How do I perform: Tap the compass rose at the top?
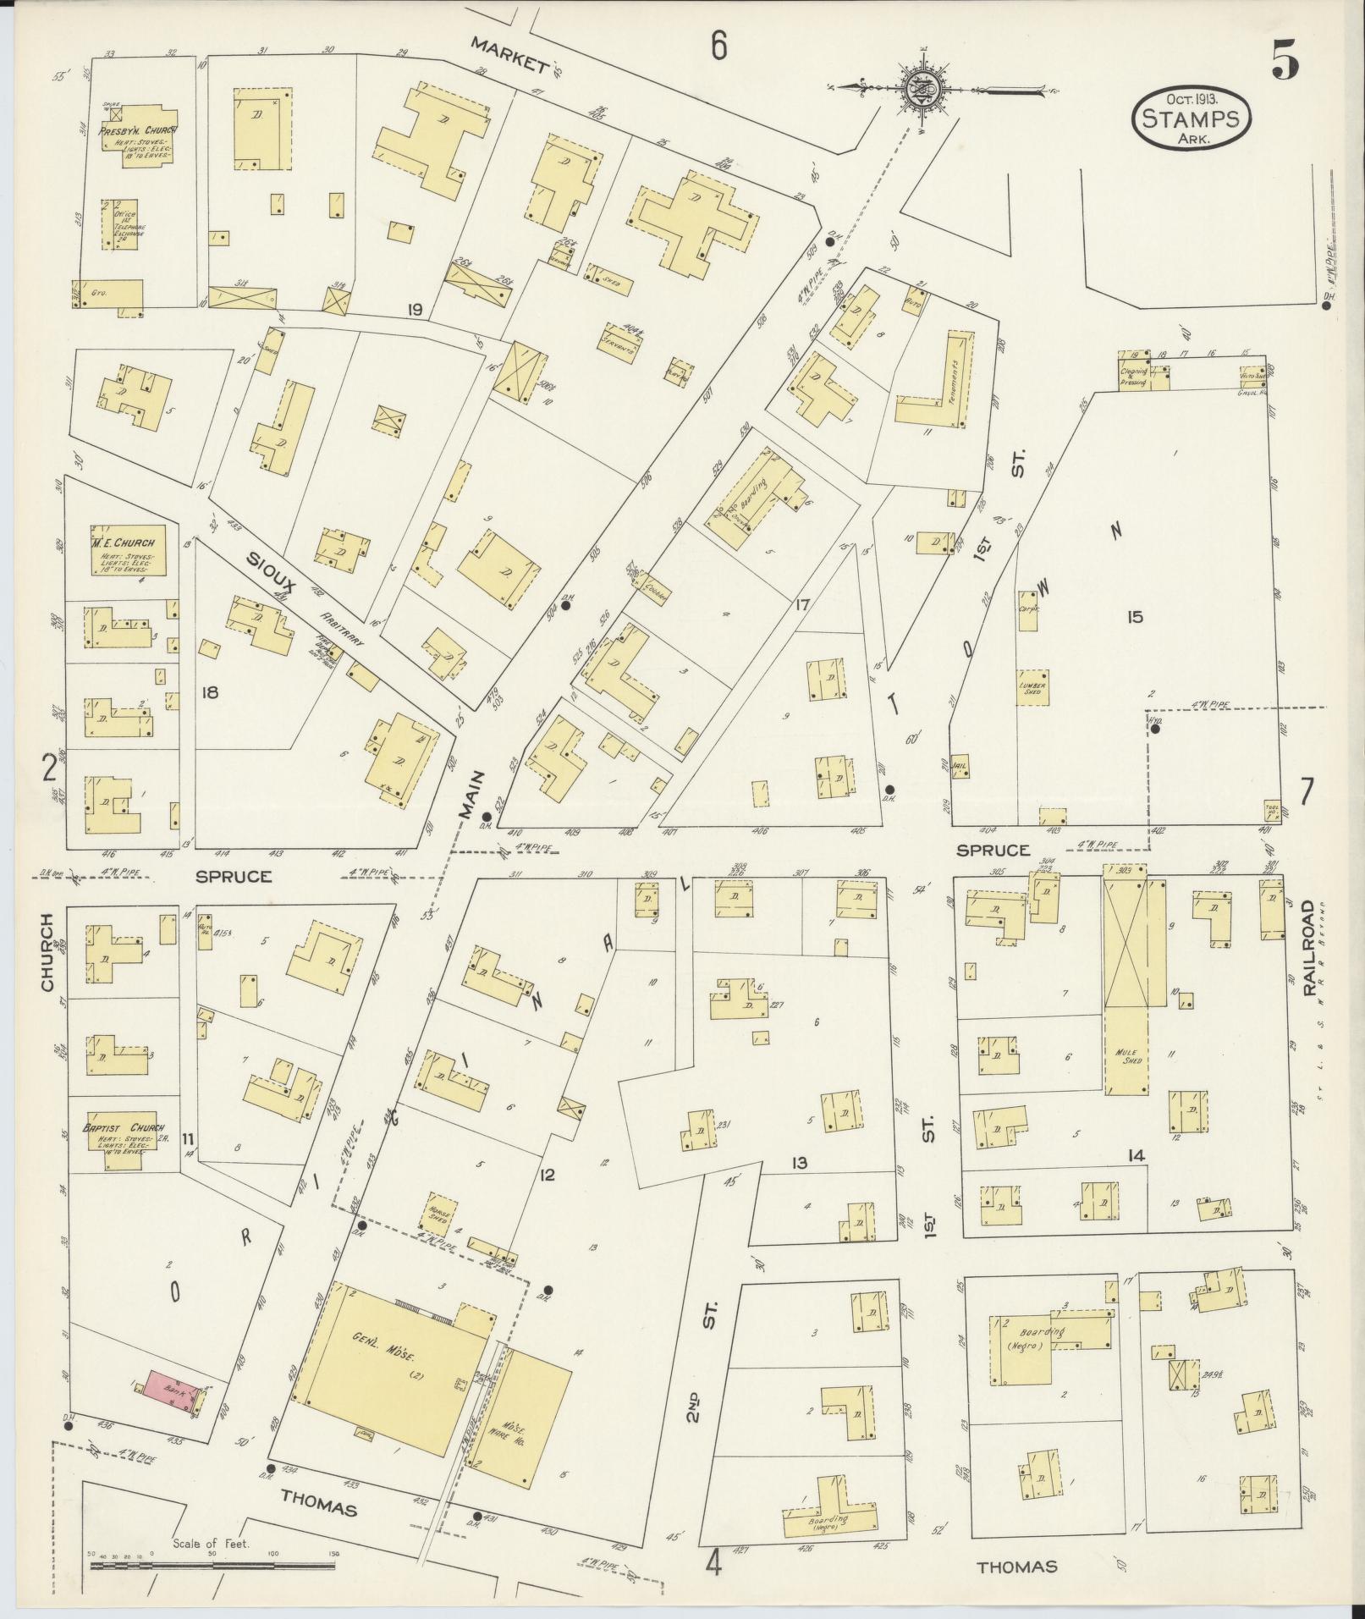[917, 89]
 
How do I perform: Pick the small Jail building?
[959, 765]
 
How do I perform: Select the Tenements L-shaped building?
[939, 388]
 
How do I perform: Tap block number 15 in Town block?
[1135, 617]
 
